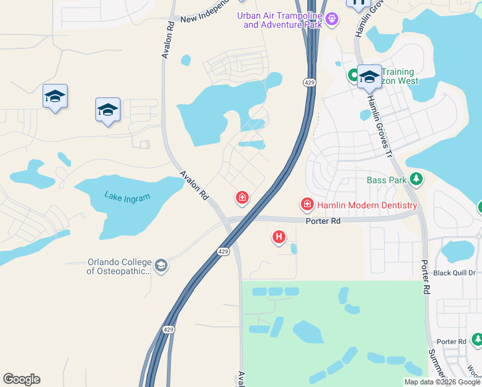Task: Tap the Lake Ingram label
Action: coord(127,197)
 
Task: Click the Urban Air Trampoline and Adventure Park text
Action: coord(282,20)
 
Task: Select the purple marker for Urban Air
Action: coord(332,19)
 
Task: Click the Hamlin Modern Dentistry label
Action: coord(367,205)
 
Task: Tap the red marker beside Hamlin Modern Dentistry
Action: coord(307,205)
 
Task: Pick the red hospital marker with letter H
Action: coord(279,237)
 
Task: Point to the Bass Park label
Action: coord(387,180)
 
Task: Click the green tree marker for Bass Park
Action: coord(416,179)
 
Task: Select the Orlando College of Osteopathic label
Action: coord(119,267)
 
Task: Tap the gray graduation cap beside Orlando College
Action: coord(161,265)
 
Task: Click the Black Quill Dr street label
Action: coord(454,273)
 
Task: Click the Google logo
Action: coord(21,379)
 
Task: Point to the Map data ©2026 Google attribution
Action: coord(441,382)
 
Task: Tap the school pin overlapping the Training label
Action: coord(370,77)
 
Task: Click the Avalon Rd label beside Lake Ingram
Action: coord(193,185)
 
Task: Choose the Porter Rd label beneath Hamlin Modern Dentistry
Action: coord(322,221)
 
